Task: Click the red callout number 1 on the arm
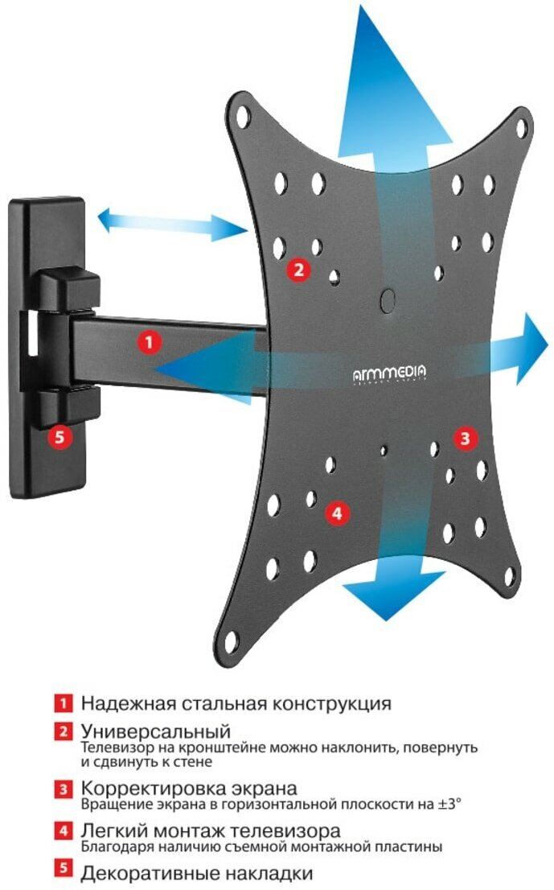pyautogui.click(x=148, y=341)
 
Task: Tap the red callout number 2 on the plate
pyautogui.click(x=298, y=270)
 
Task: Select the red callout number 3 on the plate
pyautogui.click(x=466, y=439)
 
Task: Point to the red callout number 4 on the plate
pyautogui.click(x=336, y=513)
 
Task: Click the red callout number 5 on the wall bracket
pyautogui.click(x=60, y=437)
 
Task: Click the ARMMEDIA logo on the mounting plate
pyautogui.click(x=390, y=373)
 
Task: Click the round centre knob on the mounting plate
pyautogui.click(x=388, y=299)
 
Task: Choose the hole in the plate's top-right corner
pyautogui.click(x=521, y=128)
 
